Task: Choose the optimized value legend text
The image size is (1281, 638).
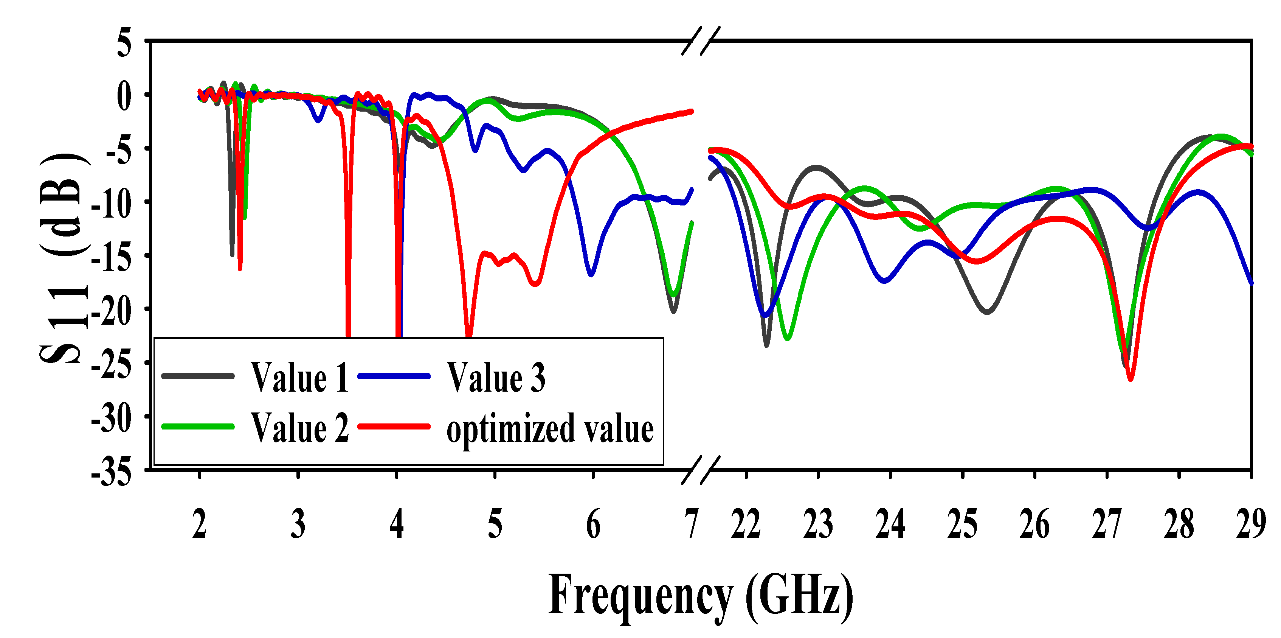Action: (x=549, y=429)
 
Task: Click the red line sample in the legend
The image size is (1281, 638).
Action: (x=394, y=426)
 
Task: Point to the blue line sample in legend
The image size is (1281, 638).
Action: (x=394, y=376)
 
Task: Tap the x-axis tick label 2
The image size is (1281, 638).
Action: (x=199, y=524)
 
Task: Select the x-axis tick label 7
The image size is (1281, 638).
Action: (x=691, y=524)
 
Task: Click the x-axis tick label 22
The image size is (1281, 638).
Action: (x=746, y=524)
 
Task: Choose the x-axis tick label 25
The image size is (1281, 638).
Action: (x=962, y=524)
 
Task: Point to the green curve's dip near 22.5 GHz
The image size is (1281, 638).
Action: (x=787, y=338)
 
